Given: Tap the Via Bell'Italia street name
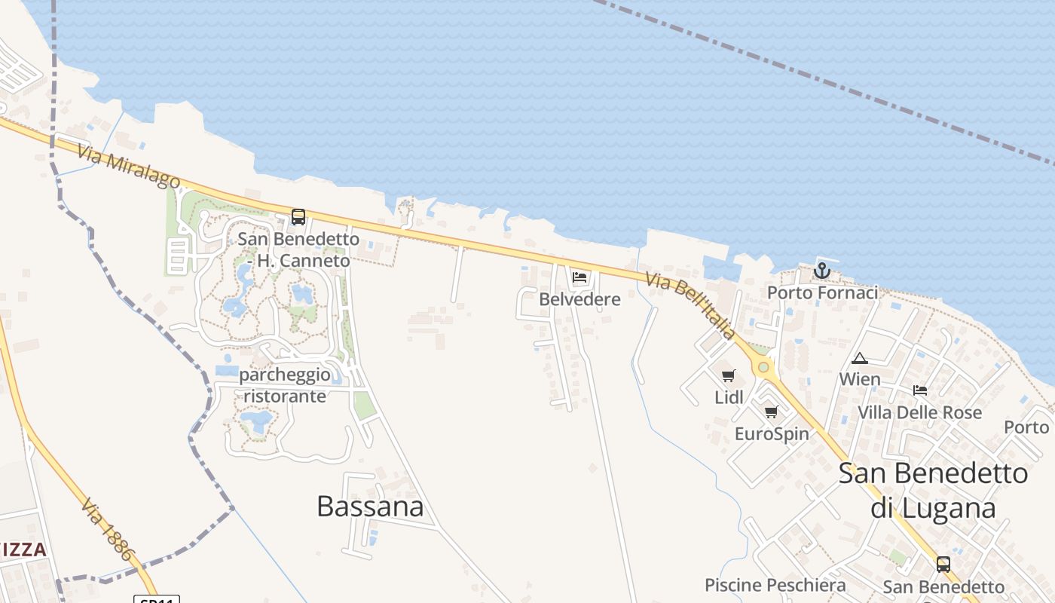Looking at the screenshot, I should click(x=690, y=305).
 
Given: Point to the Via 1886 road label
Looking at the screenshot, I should click(x=109, y=528).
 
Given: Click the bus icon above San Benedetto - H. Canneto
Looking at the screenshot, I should click(x=298, y=217).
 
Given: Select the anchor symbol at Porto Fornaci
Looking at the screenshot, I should click(x=822, y=270).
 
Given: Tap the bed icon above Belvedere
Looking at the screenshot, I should click(x=579, y=277).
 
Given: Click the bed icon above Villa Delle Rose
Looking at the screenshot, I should click(x=920, y=390).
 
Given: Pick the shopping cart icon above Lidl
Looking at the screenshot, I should click(x=729, y=375).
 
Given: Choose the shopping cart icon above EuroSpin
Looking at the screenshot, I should click(x=771, y=412).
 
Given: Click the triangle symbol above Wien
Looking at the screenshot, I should click(x=860, y=358).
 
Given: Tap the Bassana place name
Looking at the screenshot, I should click(x=370, y=506).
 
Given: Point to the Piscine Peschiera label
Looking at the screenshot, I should click(x=775, y=585).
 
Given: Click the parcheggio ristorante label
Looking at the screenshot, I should click(x=284, y=385).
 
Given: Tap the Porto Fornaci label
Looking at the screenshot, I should click(x=822, y=292).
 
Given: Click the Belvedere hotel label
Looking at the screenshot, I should click(x=579, y=299).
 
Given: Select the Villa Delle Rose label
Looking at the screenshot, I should click(x=920, y=412).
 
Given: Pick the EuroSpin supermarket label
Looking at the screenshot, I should click(x=772, y=434).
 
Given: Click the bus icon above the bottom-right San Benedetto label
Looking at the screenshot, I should click(x=943, y=564).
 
